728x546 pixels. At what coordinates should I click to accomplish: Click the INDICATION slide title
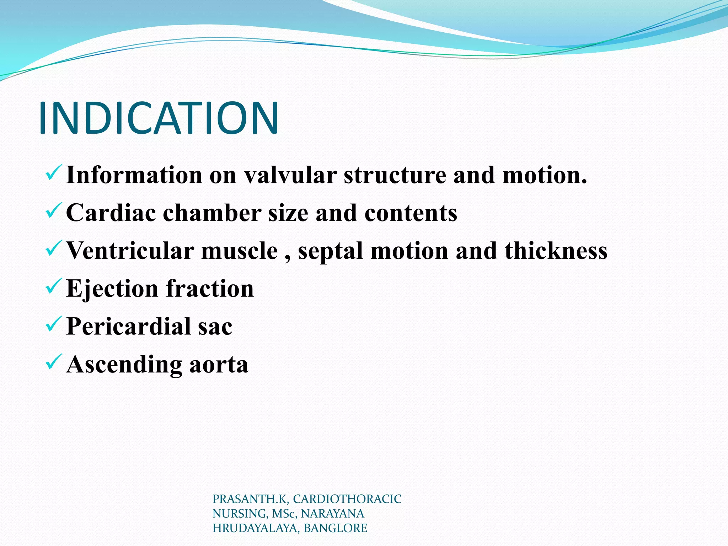(x=159, y=118)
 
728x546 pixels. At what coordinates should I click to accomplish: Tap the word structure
(x=395, y=175)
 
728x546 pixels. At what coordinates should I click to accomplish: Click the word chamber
(x=212, y=213)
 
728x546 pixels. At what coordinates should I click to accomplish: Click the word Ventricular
(x=130, y=251)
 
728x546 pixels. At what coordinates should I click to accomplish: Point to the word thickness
(x=556, y=251)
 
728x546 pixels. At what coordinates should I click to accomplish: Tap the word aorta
(x=219, y=365)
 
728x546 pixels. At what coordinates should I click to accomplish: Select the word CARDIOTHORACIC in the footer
(x=347, y=499)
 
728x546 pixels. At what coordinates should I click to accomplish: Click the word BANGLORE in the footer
(x=335, y=528)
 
